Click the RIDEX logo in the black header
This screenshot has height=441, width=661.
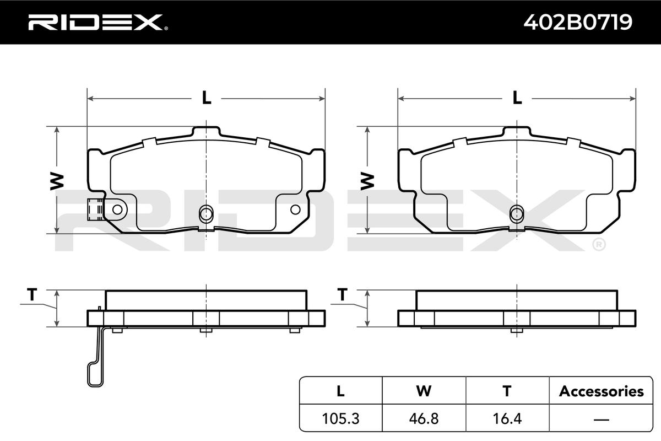pos(98,22)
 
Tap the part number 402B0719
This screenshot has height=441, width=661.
pos(578,22)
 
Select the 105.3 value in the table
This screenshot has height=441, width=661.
pos(340,418)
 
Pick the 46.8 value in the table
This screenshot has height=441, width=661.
pos(424,418)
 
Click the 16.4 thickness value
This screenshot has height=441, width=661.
pos(507,418)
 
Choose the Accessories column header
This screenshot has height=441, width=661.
pos(601,391)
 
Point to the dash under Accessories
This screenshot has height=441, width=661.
pos(601,420)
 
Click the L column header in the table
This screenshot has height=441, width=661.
pos(340,391)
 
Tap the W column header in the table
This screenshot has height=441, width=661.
pos(424,391)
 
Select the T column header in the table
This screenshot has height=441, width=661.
pos(507,391)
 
